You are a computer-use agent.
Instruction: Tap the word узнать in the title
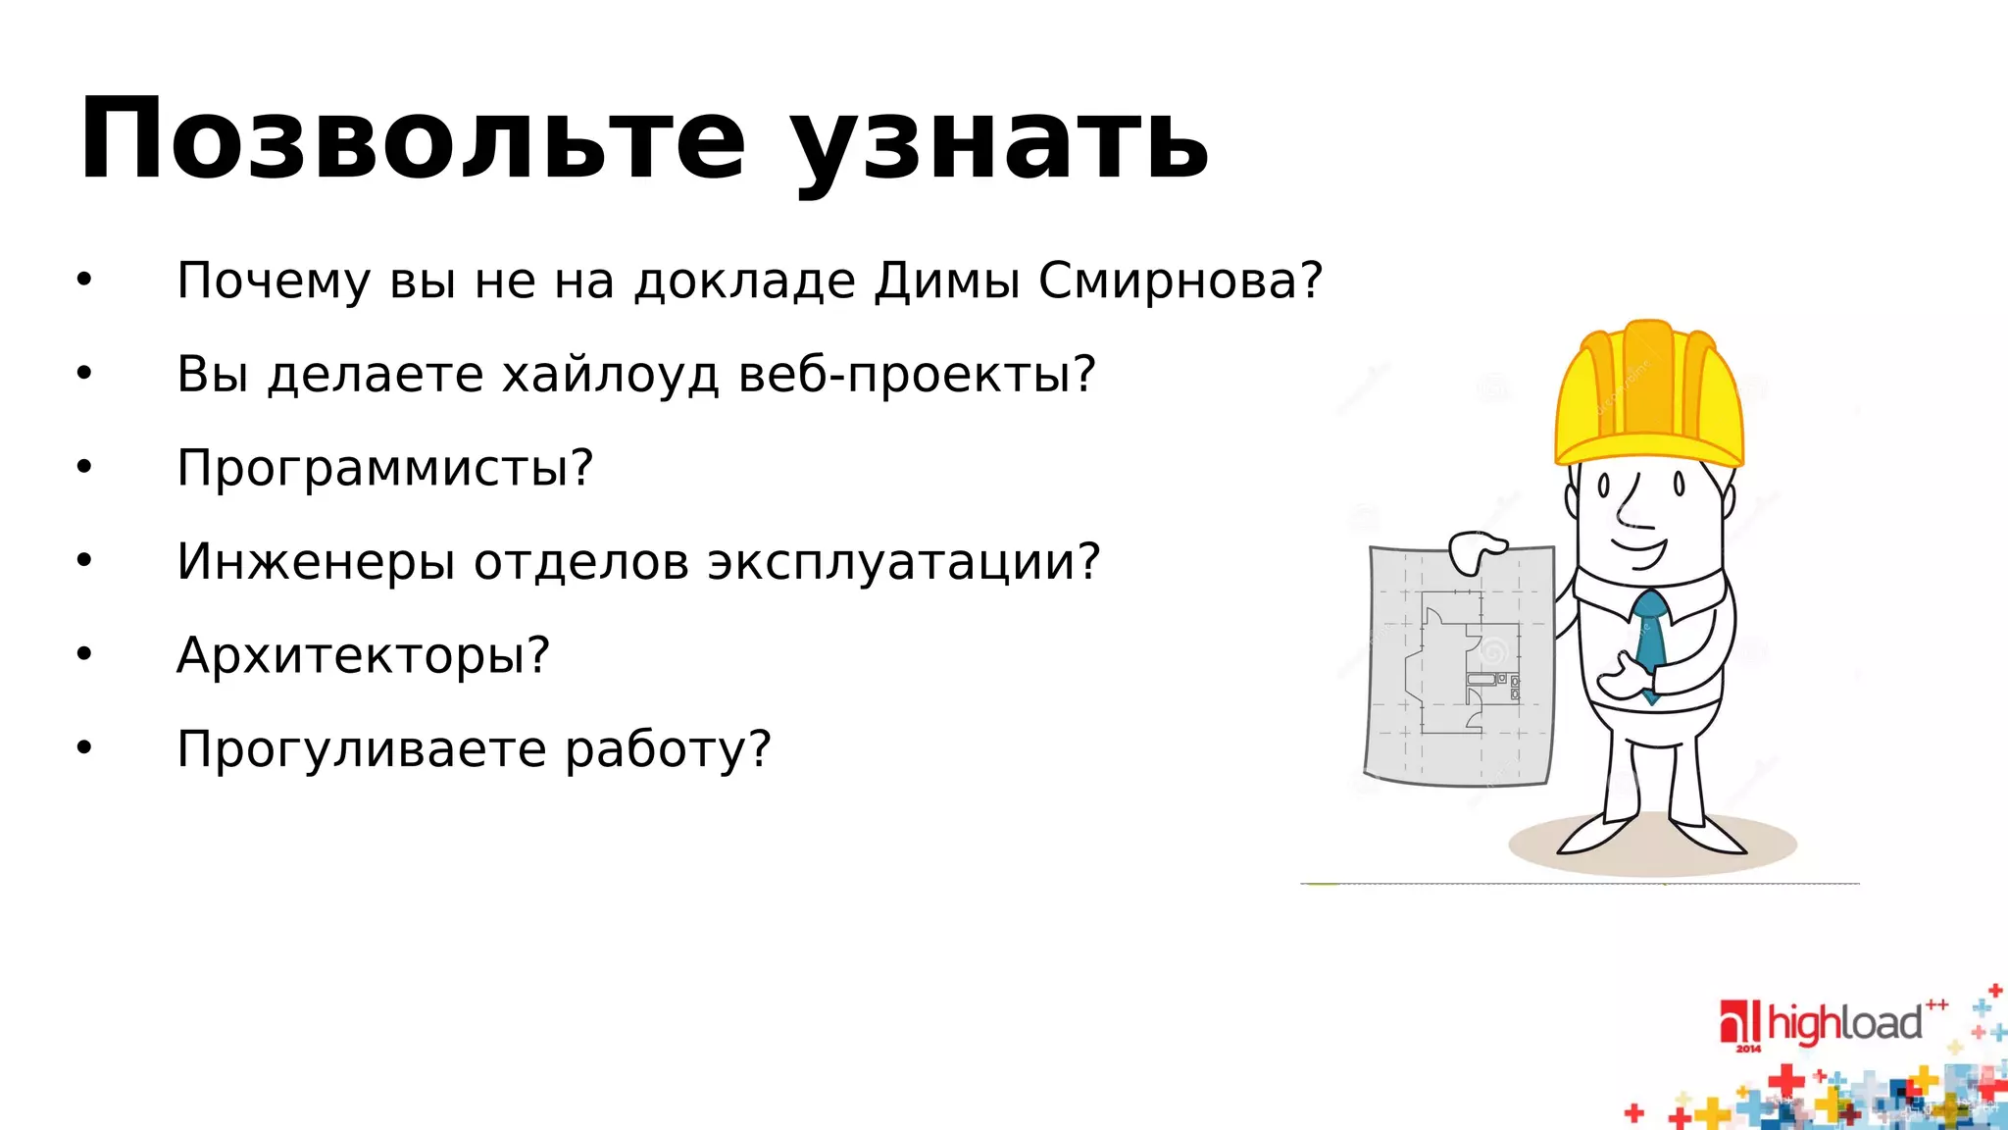(x=1000, y=147)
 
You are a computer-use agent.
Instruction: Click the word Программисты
(x=384, y=469)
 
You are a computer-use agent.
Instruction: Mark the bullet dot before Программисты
(x=84, y=468)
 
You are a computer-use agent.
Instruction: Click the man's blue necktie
(x=1650, y=638)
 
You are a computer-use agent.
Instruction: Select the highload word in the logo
(x=1844, y=1024)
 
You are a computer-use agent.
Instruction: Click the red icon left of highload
(x=1741, y=1022)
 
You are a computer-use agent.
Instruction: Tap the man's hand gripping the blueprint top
(x=1476, y=551)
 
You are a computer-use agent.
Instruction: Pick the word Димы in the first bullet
(x=946, y=282)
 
